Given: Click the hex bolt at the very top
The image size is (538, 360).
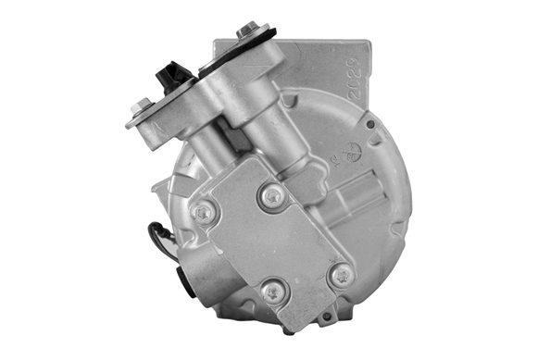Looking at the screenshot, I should [x=247, y=31].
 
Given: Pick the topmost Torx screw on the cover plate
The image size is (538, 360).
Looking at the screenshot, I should [x=272, y=195].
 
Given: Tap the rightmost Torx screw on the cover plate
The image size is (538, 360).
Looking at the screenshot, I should [x=341, y=274].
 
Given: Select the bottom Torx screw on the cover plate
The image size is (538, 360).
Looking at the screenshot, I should [x=273, y=292].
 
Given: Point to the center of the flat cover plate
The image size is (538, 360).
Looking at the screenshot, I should [x=269, y=245].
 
